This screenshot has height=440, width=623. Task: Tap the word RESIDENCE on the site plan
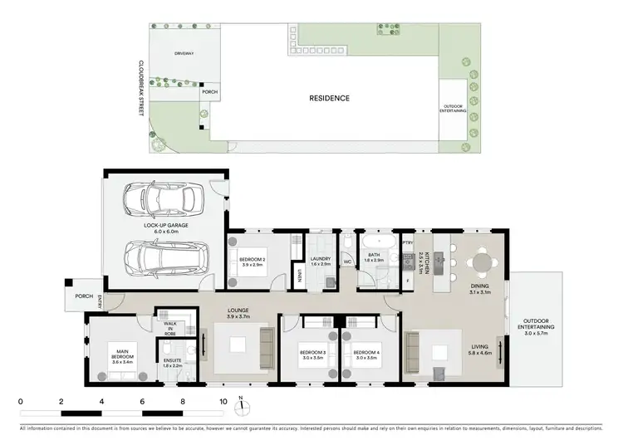[329, 98]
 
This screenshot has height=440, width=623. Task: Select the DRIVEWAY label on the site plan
[184, 53]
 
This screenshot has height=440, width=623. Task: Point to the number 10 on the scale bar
[222, 401]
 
